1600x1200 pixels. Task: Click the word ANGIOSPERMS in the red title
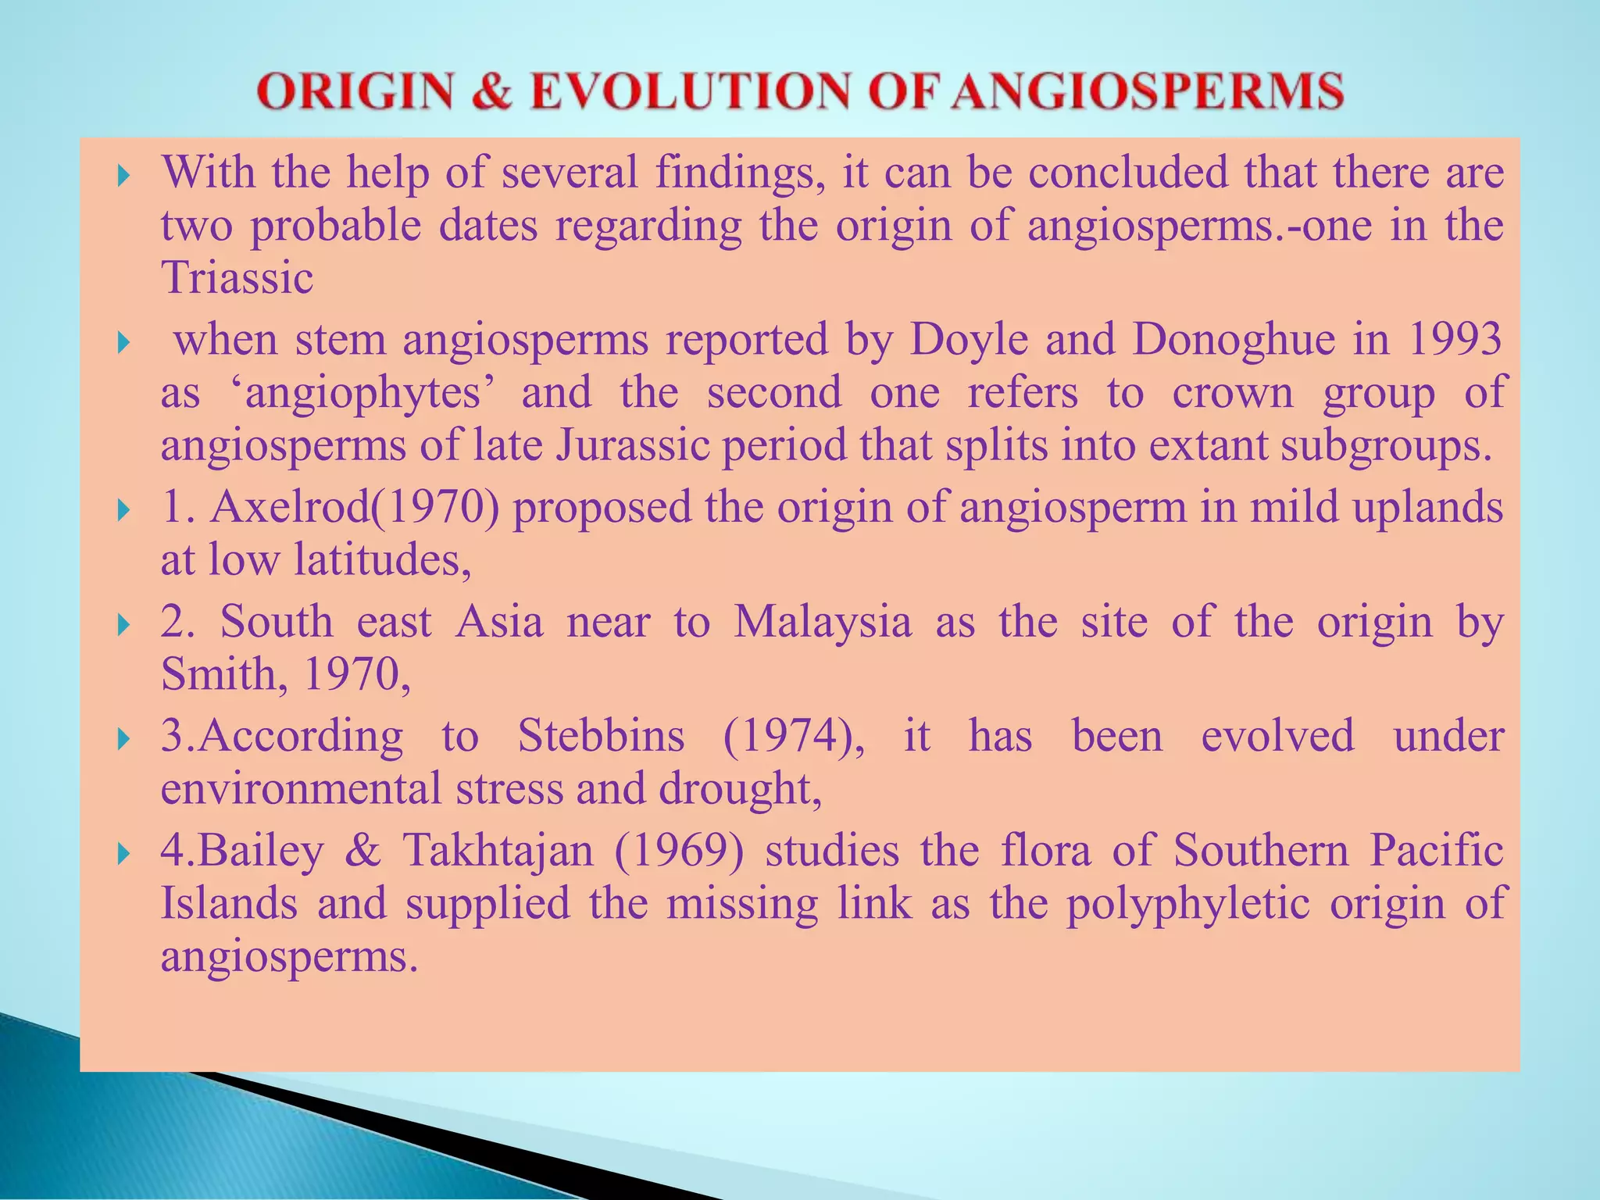tap(1148, 91)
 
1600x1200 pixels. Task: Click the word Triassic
tap(237, 277)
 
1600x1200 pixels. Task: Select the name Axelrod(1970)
tap(355, 507)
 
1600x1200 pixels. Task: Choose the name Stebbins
tap(601, 737)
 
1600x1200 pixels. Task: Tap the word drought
tap(739, 789)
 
